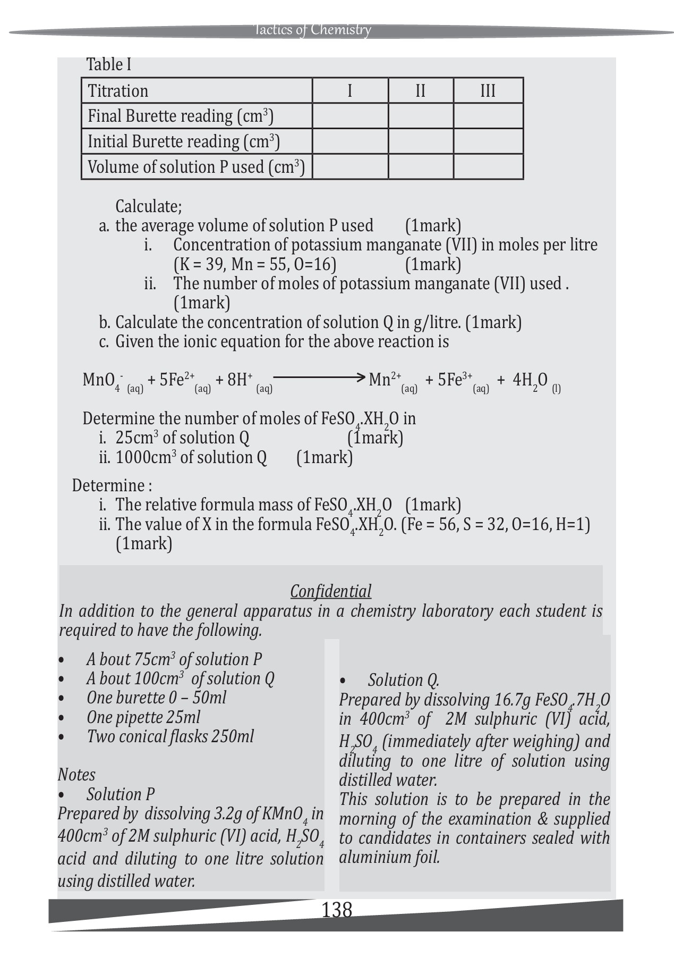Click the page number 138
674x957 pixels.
337,910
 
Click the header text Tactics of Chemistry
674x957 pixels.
312,30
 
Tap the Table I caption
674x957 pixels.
109,65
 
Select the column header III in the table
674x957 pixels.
488,91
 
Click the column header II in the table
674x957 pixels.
420,91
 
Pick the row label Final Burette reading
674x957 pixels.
180,116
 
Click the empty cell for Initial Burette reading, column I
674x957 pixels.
350,141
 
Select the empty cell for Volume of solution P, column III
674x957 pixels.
488,167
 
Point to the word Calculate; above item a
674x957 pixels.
149,206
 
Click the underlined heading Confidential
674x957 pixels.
330,591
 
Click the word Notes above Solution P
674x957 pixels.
76,775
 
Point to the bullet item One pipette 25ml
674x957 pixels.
143,717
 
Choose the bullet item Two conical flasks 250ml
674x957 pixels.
170,736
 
